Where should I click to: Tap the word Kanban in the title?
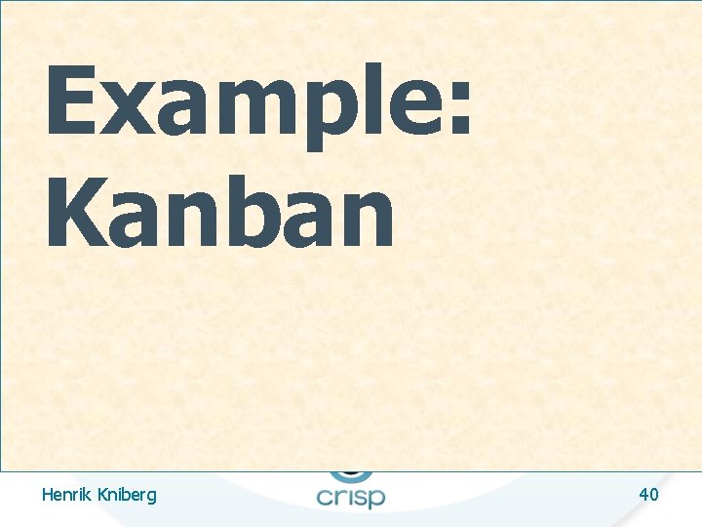[219, 213]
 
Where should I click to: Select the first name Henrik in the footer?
[66, 495]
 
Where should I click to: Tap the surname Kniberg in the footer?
[126, 496]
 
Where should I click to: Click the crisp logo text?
[351, 495]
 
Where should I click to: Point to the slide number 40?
[648, 495]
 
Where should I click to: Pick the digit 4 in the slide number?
[643, 495]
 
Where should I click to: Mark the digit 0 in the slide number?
[654, 495]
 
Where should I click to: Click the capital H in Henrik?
[48, 495]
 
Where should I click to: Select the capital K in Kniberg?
[101, 495]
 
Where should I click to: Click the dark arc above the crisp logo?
[351, 474]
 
